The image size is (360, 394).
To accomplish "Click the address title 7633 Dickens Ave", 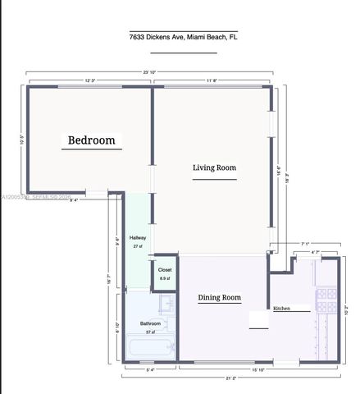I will [x=184, y=37].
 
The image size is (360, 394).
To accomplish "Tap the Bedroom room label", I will [x=91, y=141].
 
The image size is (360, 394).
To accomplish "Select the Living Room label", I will [x=214, y=167].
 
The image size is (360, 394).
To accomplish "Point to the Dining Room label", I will [x=219, y=298].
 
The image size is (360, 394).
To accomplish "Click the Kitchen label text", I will [x=281, y=308].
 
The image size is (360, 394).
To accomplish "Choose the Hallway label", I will [x=138, y=237].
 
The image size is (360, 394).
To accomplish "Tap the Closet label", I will [x=165, y=269].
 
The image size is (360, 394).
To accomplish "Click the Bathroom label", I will [x=150, y=323].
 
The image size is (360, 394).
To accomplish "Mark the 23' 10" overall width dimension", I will [x=149, y=73].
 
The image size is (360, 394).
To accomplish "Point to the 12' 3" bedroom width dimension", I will [x=91, y=80].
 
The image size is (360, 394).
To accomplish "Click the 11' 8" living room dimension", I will [x=213, y=80].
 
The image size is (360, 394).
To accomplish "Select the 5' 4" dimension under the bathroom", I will [x=149, y=370].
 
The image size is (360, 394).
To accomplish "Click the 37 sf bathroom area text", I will [x=151, y=332].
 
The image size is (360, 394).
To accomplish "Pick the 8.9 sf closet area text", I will [x=165, y=278].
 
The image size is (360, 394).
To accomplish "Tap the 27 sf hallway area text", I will [x=138, y=245].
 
